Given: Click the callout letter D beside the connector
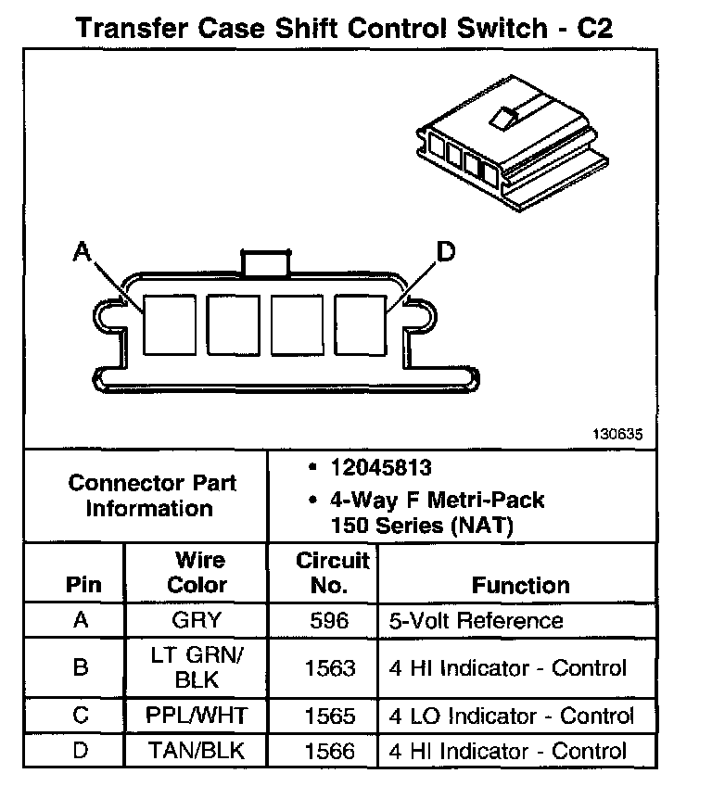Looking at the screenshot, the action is pos(446,251).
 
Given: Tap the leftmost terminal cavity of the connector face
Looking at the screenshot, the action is pos(168,325).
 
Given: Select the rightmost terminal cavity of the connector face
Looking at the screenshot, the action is pos(360,325).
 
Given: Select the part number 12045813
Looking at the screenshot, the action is pos(380,469).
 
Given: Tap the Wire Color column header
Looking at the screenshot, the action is pos(197,573).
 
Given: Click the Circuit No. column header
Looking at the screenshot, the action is pos(332,573).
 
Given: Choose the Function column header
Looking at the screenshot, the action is pos(520,586).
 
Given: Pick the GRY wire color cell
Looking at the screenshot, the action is pos(197,620).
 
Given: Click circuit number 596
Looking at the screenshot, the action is pos(332,620).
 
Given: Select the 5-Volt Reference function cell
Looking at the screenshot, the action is pos(476,620).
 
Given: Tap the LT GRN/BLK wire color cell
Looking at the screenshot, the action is pos(197,667).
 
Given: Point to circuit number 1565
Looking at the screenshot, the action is pos(331,716).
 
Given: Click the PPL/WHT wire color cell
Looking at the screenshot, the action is pos(197,716).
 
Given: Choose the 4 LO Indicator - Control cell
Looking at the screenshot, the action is pos(512,716).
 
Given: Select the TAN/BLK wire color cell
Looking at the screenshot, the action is pos(197,750).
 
